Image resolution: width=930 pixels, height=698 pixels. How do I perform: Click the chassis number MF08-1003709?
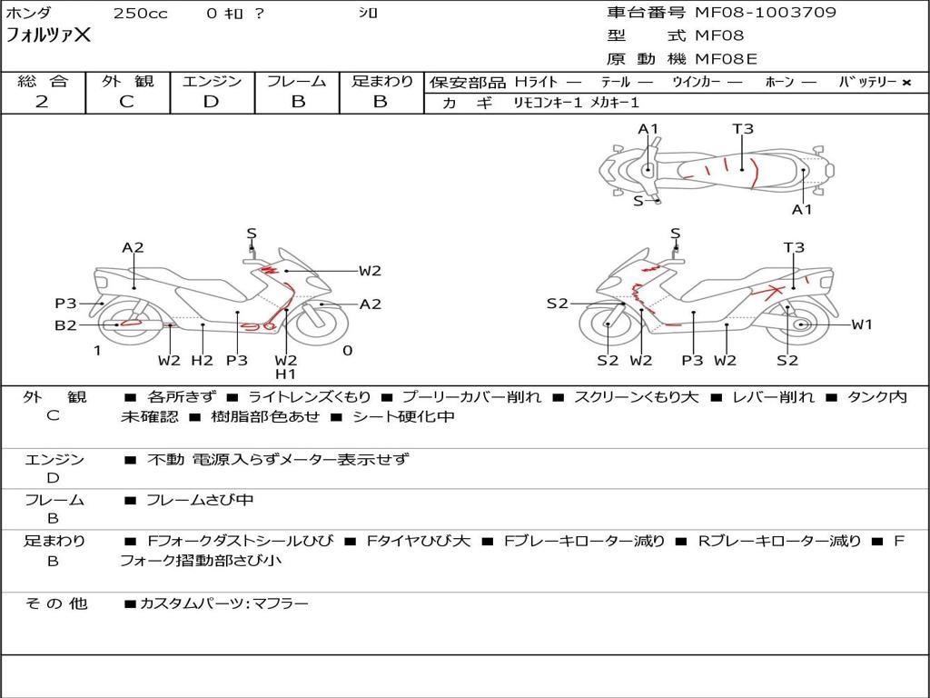pyautogui.click(x=765, y=13)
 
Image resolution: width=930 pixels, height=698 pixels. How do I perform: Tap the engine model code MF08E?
pyautogui.click(x=726, y=59)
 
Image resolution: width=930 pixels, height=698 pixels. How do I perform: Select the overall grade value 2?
pyautogui.click(x=42, y=102)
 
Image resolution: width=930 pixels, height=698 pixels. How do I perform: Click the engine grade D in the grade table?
pyautogui.click(x=211, y=102)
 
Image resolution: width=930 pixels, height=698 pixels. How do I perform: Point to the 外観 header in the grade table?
pyautogui.click(x=127, y=81)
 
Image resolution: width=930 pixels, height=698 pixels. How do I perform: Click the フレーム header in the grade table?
pyautogui.click(x=297, y=81)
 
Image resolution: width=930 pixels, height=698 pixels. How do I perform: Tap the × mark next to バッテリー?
pyautogui.click(x=906, y=83)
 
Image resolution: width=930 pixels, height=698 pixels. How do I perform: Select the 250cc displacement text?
pyautogui.click(x=141, y=13)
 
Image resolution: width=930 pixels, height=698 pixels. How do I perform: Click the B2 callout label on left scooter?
pyautogui.click(x=65, y=325)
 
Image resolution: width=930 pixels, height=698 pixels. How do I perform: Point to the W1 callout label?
pyautogui.click(x=862, y=324)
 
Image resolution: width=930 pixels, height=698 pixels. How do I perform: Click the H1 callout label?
pyautogui.click(x=285, y=374)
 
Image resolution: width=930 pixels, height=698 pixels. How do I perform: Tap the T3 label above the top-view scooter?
pyautogui.click(x=743, y=129)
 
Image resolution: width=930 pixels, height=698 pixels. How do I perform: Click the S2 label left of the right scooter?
pyautogui.click(x=558, y=304)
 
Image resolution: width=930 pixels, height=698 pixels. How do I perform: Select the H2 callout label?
pyautogui.click(x=202, y=360)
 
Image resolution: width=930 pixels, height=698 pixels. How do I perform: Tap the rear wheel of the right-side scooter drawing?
pyautogui.click(x=801, y=324)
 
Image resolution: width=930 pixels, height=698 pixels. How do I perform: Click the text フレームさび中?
pyautogui.click(x=200, y=500)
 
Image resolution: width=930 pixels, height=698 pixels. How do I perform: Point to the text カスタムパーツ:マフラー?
pyautogui.click(x=224, y=603)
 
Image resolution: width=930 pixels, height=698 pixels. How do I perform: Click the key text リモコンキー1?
pyautogui.click(x=548, y=103)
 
